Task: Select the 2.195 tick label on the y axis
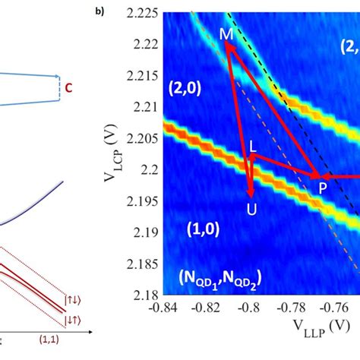142,194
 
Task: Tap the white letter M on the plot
226,34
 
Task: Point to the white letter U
251,207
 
